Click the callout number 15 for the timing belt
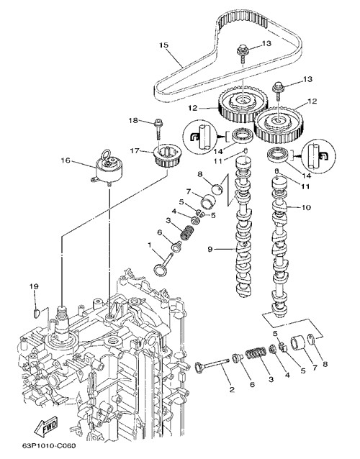163,45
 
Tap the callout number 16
66,160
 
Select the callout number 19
34,286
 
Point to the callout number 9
210,249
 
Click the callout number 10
306,207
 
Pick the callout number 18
133,120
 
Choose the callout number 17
135,150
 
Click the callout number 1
149,245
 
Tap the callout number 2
232,389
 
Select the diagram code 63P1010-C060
49,446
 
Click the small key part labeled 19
37,313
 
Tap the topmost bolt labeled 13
243,54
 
